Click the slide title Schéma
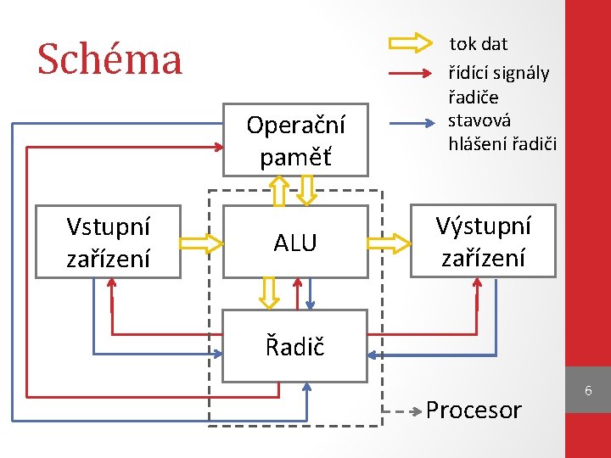[109, 59]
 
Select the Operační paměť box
[295, 140]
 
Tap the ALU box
[295, 243]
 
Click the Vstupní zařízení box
[108, 242]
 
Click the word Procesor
[474, 411]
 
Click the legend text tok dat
[479, 42]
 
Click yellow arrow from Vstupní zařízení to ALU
[201, 243]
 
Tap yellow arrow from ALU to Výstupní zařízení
[389, 243]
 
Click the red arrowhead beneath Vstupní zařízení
[111, 286]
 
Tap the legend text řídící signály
[499, 74]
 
